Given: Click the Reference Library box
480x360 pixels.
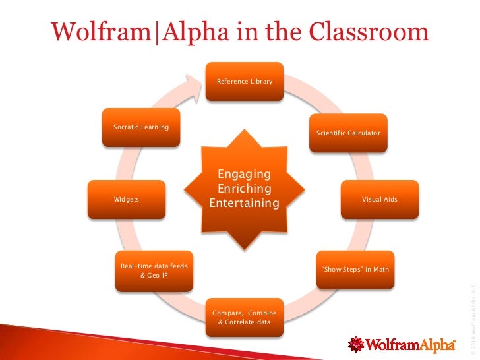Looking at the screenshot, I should coord(245,81).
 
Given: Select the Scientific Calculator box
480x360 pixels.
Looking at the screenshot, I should coord(348,133).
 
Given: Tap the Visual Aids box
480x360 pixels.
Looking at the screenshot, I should coord(379,199).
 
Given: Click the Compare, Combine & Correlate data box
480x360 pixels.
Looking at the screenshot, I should coord(244,316).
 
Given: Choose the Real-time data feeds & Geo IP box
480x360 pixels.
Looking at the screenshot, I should coord(154,270).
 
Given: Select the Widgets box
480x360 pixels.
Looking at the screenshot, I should coord(127,199).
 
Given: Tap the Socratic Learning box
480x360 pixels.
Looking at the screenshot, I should coord(141,127).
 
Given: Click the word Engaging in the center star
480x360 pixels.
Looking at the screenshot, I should coord(244,174).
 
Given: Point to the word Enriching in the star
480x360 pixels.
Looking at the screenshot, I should coord(244,189).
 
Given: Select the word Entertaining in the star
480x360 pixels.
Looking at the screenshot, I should coord(244,204).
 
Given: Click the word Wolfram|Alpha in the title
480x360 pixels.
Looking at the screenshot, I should coord(131,31).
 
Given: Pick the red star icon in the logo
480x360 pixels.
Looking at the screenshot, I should coord(357,344).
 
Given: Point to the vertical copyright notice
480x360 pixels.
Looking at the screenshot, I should coord(472,316).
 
